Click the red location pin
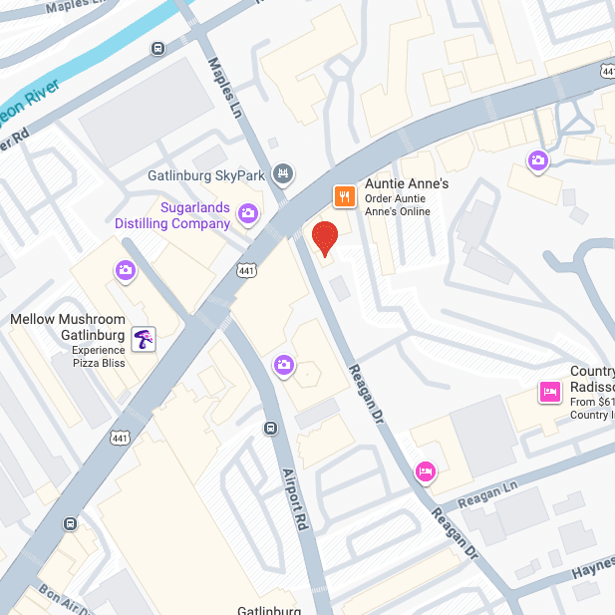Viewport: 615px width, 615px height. click(x=325, y=238)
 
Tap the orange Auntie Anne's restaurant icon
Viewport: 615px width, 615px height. click(x=344, y=196)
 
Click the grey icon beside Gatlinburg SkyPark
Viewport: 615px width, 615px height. click(x=284, y=174)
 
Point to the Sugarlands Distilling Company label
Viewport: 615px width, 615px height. click(x=195, y=215)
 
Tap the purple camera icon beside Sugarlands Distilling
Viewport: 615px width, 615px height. click(x=248, y=212)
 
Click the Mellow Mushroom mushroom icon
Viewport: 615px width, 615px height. click(x=145, y=339)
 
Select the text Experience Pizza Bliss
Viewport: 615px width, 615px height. click(x=99, y=357)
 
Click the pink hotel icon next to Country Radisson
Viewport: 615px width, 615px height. click(x=548, y=392)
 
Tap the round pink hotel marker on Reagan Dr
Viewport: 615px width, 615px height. click(x=425, y=470)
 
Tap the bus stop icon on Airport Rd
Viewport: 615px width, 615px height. click(x=270, y=429)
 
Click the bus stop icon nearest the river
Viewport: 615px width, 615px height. click(x=157, y=49)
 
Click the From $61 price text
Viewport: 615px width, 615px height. click(x=590, y=403)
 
